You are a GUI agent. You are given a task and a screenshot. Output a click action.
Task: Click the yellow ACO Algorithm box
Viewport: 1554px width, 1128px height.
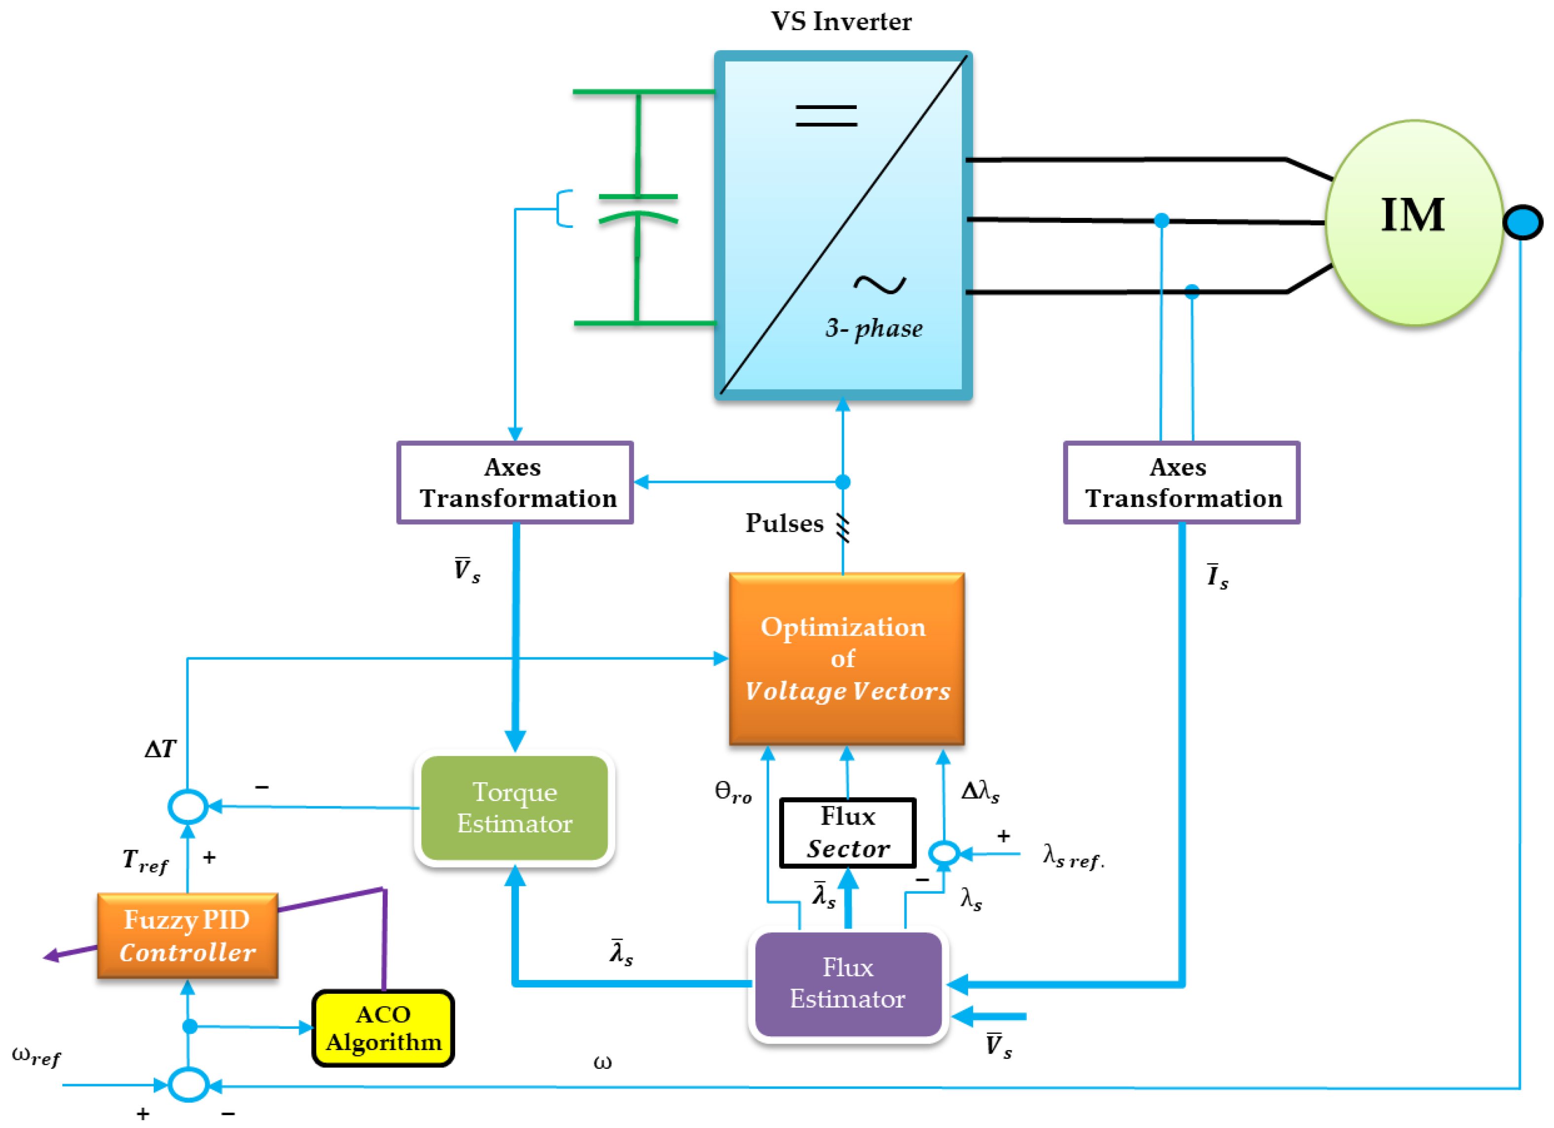[x=383, y=1028]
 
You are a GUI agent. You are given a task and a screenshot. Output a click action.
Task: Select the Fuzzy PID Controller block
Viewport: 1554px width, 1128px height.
[x=188, y=936]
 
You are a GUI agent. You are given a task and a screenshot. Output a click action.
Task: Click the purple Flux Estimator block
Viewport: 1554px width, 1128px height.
[x=848, y=983]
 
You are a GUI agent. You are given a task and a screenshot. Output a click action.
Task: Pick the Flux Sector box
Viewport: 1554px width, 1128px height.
[x=848, y=833]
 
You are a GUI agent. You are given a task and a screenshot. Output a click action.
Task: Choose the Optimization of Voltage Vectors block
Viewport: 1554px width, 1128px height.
[x=847, y=658]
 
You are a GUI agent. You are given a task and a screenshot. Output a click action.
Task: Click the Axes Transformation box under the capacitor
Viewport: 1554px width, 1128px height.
[x=515, y=482]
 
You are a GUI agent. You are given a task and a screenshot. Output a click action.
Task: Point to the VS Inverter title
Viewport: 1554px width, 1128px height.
[x=841, y=22]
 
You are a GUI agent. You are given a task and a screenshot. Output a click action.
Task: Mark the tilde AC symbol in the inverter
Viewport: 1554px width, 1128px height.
[x=880, y=284]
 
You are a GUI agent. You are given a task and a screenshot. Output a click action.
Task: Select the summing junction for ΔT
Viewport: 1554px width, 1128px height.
[x=188, y=806]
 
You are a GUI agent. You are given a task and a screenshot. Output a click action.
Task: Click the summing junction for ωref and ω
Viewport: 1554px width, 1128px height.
[x=188, y=1085]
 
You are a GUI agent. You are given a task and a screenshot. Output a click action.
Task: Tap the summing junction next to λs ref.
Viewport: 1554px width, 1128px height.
[x=943, y=854]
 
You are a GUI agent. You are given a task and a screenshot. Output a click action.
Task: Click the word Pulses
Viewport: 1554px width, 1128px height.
[x=785, y=524]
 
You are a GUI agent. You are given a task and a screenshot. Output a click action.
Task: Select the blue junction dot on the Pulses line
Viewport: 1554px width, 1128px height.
[x=843, y=482]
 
